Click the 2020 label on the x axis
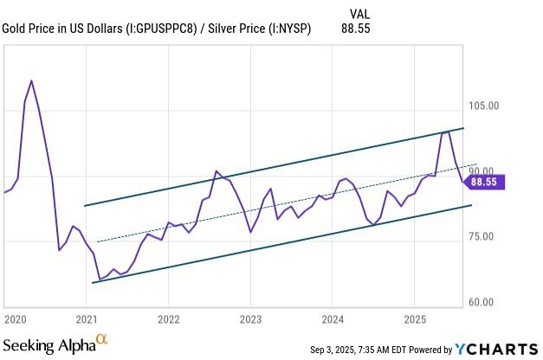[x=15, y=318]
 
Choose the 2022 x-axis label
[x=168, y=318]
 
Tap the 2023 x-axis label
[x=250, y=318]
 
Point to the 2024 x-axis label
[x=333, y=318]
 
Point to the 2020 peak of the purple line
[x=31, y=80]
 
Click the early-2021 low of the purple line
[x=100, y=280]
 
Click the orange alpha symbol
[x=101, y=339]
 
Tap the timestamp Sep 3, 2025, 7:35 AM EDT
[x=368, y=350]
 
